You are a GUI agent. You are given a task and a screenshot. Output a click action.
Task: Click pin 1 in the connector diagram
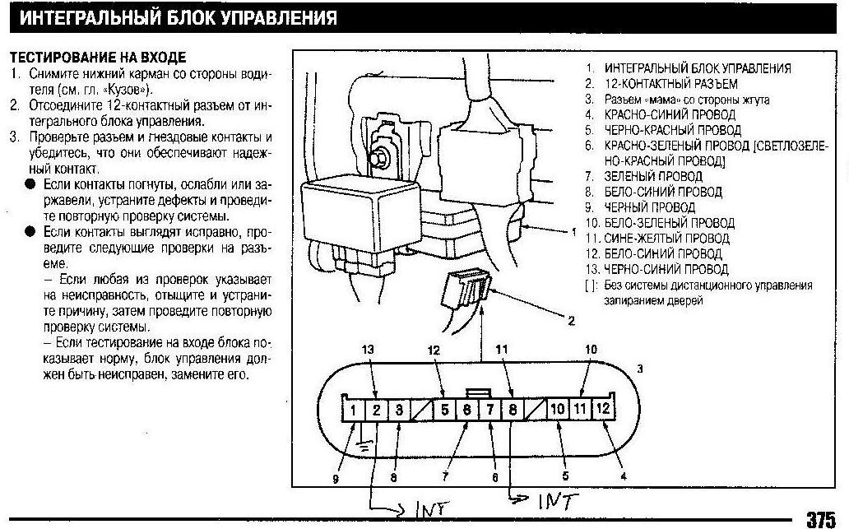click(353, 409)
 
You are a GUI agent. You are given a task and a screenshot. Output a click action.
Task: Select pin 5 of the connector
click(444, 409)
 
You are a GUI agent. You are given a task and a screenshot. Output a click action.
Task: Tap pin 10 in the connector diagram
click(558, 409)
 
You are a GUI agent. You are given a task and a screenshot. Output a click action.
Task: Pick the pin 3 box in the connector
click(397, 409)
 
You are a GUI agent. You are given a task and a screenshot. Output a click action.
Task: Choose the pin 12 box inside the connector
click(602, 409)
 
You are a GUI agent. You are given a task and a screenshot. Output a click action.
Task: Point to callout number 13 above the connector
click(368, 350)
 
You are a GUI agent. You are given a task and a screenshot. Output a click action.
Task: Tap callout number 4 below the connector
click(623, 475)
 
